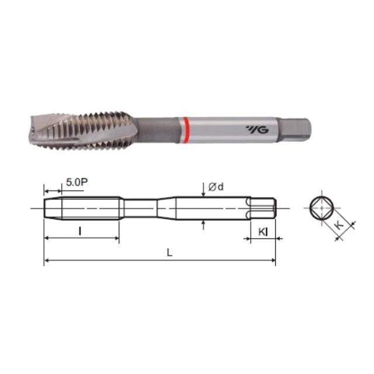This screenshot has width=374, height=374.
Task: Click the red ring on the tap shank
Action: (x=185, y=130)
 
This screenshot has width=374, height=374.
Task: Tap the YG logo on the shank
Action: (x=257, y=130)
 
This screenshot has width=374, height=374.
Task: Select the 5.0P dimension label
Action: (x=77, y=182)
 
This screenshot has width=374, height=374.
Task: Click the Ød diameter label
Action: (x=216, y=187)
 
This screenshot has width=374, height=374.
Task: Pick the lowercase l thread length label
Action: (x=80, y=231)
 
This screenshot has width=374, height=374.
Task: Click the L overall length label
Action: (x=169, y=252)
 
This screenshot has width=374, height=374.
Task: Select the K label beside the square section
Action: (x=339, y=224)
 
